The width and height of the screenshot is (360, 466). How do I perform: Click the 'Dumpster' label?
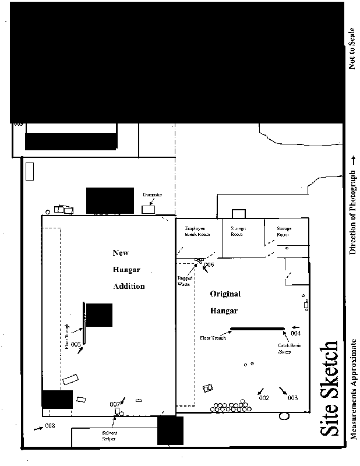click(152, 195)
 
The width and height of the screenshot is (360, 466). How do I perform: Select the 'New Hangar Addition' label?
click(129, 270)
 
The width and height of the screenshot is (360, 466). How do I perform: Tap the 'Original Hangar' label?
click(225, 302)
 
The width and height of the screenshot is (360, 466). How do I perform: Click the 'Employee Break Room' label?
click(196, 231)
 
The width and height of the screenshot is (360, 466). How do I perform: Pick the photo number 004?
click(295, 334)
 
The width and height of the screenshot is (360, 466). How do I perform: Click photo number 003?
click(292, 398)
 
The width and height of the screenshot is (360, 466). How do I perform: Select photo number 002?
click(263, 398)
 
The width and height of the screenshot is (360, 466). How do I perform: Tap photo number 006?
click(209, 265)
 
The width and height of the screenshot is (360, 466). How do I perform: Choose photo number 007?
click(115, 404)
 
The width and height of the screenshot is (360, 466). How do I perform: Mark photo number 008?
click(50, 426)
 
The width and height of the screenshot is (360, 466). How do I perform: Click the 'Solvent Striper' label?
click(110, 436)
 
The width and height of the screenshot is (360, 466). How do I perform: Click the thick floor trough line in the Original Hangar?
click(257, 329)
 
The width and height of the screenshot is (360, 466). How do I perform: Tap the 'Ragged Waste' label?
click(185, 282)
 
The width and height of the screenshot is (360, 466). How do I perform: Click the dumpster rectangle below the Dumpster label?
click(149, 209)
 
